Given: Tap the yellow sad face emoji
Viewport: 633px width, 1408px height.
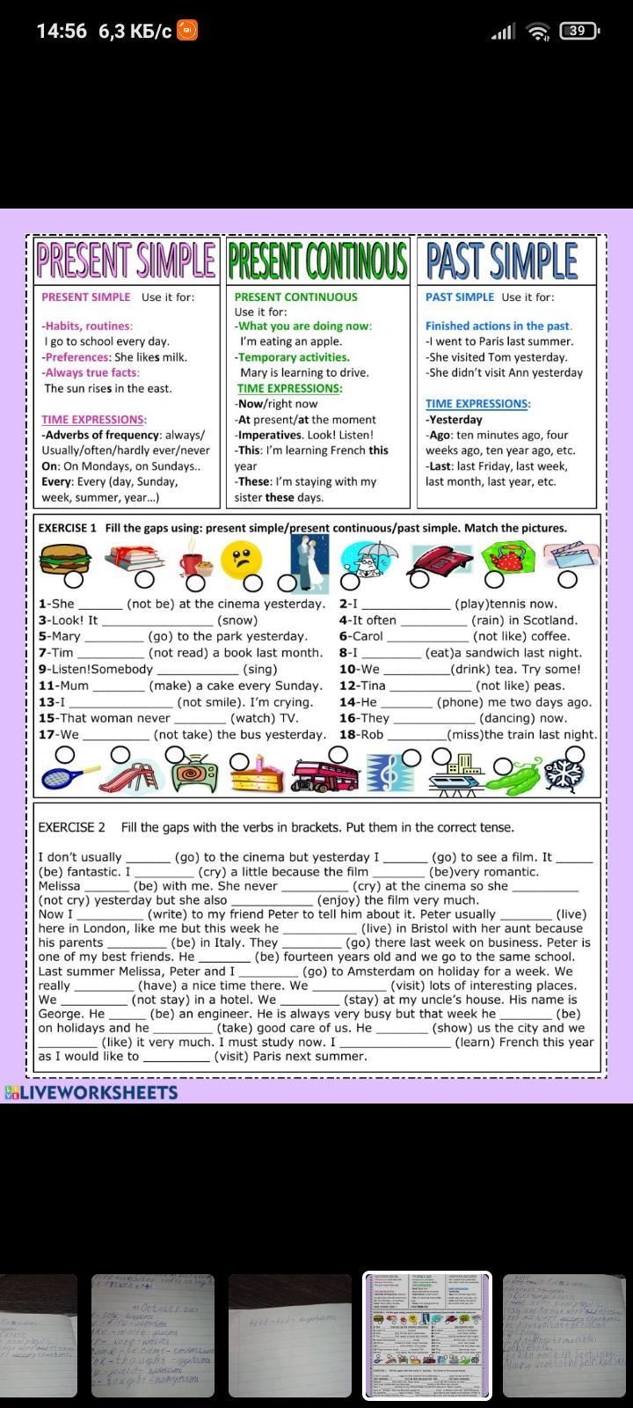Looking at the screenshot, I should pos(243,559).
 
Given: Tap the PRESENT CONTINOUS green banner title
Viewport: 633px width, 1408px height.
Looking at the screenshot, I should pos(317,260).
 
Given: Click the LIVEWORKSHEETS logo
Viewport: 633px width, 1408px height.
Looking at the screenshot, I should pos(91,1093).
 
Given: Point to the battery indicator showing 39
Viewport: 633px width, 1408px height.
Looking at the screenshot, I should pos(578,31).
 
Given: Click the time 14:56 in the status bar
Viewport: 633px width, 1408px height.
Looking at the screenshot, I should pos(62,31).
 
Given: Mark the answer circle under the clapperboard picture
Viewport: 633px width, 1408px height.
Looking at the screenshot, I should pos(568,578).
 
